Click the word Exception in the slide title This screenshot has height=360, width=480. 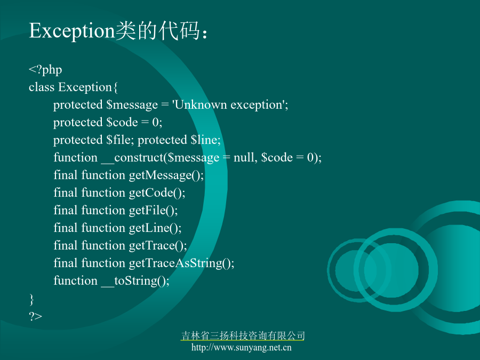(x=72, y=31)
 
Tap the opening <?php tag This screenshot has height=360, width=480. (x=45, y=70)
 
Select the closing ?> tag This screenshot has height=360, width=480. (x=36, y=316)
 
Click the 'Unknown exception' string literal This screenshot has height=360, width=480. (x=229, y=105)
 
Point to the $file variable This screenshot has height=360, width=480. (x=119, y=140)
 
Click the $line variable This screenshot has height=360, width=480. (x=204, y=140)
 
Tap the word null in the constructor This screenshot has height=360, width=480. (x=244, y=157)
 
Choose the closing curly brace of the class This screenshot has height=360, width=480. (x=31, y=299)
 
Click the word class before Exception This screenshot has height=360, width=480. (x=42, y=87)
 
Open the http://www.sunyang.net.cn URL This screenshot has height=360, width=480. (x=242, y=347)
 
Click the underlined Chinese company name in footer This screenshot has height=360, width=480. (x=243, y=336)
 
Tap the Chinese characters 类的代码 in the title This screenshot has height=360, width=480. (x=158, y=30)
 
